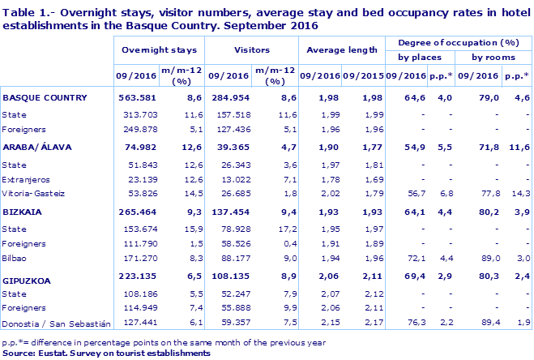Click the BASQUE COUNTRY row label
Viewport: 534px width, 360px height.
click(x=45, y=97)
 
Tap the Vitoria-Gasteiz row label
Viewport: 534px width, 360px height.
click(x=32, y=193)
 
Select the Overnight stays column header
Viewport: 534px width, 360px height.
click(x=158, y=49)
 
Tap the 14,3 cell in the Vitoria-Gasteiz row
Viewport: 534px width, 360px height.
click(x=520, y=193)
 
